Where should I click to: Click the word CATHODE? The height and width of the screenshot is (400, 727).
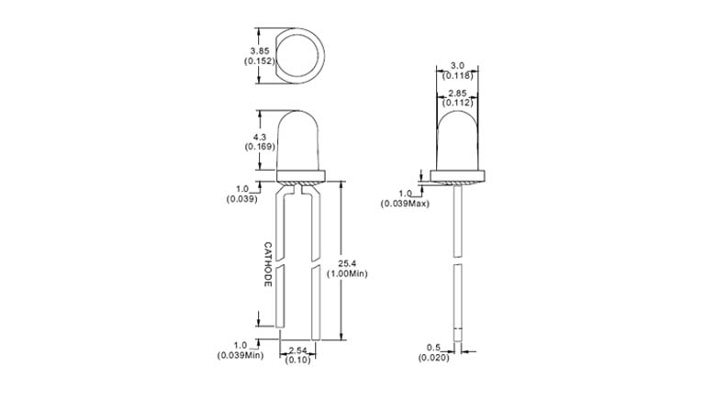pyautogui.click(x=268, y=264)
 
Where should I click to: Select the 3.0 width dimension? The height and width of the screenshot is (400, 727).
pyautogui.click(x=456, y=65)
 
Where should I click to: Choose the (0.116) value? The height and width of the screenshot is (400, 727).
pyautogui.click(x=456, y=75)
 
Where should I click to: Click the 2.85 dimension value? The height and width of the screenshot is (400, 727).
pyautogui.click(x=456, y=94)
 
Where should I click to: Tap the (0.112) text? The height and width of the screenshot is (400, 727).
pyautogui.click(x=456, y=103)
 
